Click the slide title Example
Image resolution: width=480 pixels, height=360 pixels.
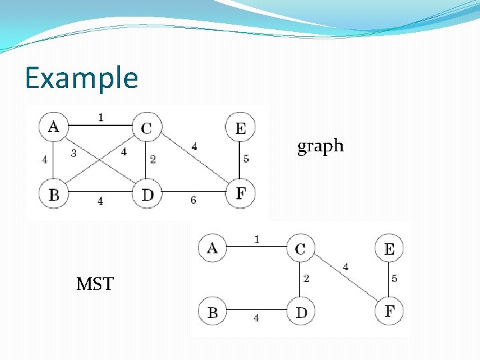tap(81, 78)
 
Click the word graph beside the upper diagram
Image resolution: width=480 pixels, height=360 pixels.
tap(320, 146)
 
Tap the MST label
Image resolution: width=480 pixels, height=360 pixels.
tap(95, 285)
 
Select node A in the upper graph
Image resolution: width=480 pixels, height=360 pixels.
tap(54, 126)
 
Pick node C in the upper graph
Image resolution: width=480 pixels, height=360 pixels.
tap(147, 127)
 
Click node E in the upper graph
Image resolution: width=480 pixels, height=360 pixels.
tap(240, 128)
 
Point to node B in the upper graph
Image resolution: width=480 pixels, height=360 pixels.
tap(54, 195)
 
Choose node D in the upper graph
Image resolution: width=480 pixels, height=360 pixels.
tap(147, 195)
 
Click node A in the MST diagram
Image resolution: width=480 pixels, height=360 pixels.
tap(212, 248)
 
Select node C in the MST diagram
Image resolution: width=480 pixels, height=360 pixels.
tap(301, 249)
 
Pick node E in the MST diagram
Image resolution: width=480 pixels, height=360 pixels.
tap(389, 249)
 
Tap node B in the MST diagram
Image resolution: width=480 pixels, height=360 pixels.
tap(212, 312)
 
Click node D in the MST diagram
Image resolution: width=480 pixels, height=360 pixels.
tap(301, 312)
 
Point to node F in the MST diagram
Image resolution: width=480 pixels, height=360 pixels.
tap(389, 311)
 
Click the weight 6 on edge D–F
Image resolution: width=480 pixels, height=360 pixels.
tap(194, 200)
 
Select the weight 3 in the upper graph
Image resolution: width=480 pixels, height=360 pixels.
tap(74, 153)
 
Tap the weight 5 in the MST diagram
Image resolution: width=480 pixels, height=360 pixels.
tap(395, 279)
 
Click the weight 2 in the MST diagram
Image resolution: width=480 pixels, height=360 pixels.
tap(306, 279)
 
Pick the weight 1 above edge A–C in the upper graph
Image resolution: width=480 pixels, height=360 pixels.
tap(100, 117)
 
